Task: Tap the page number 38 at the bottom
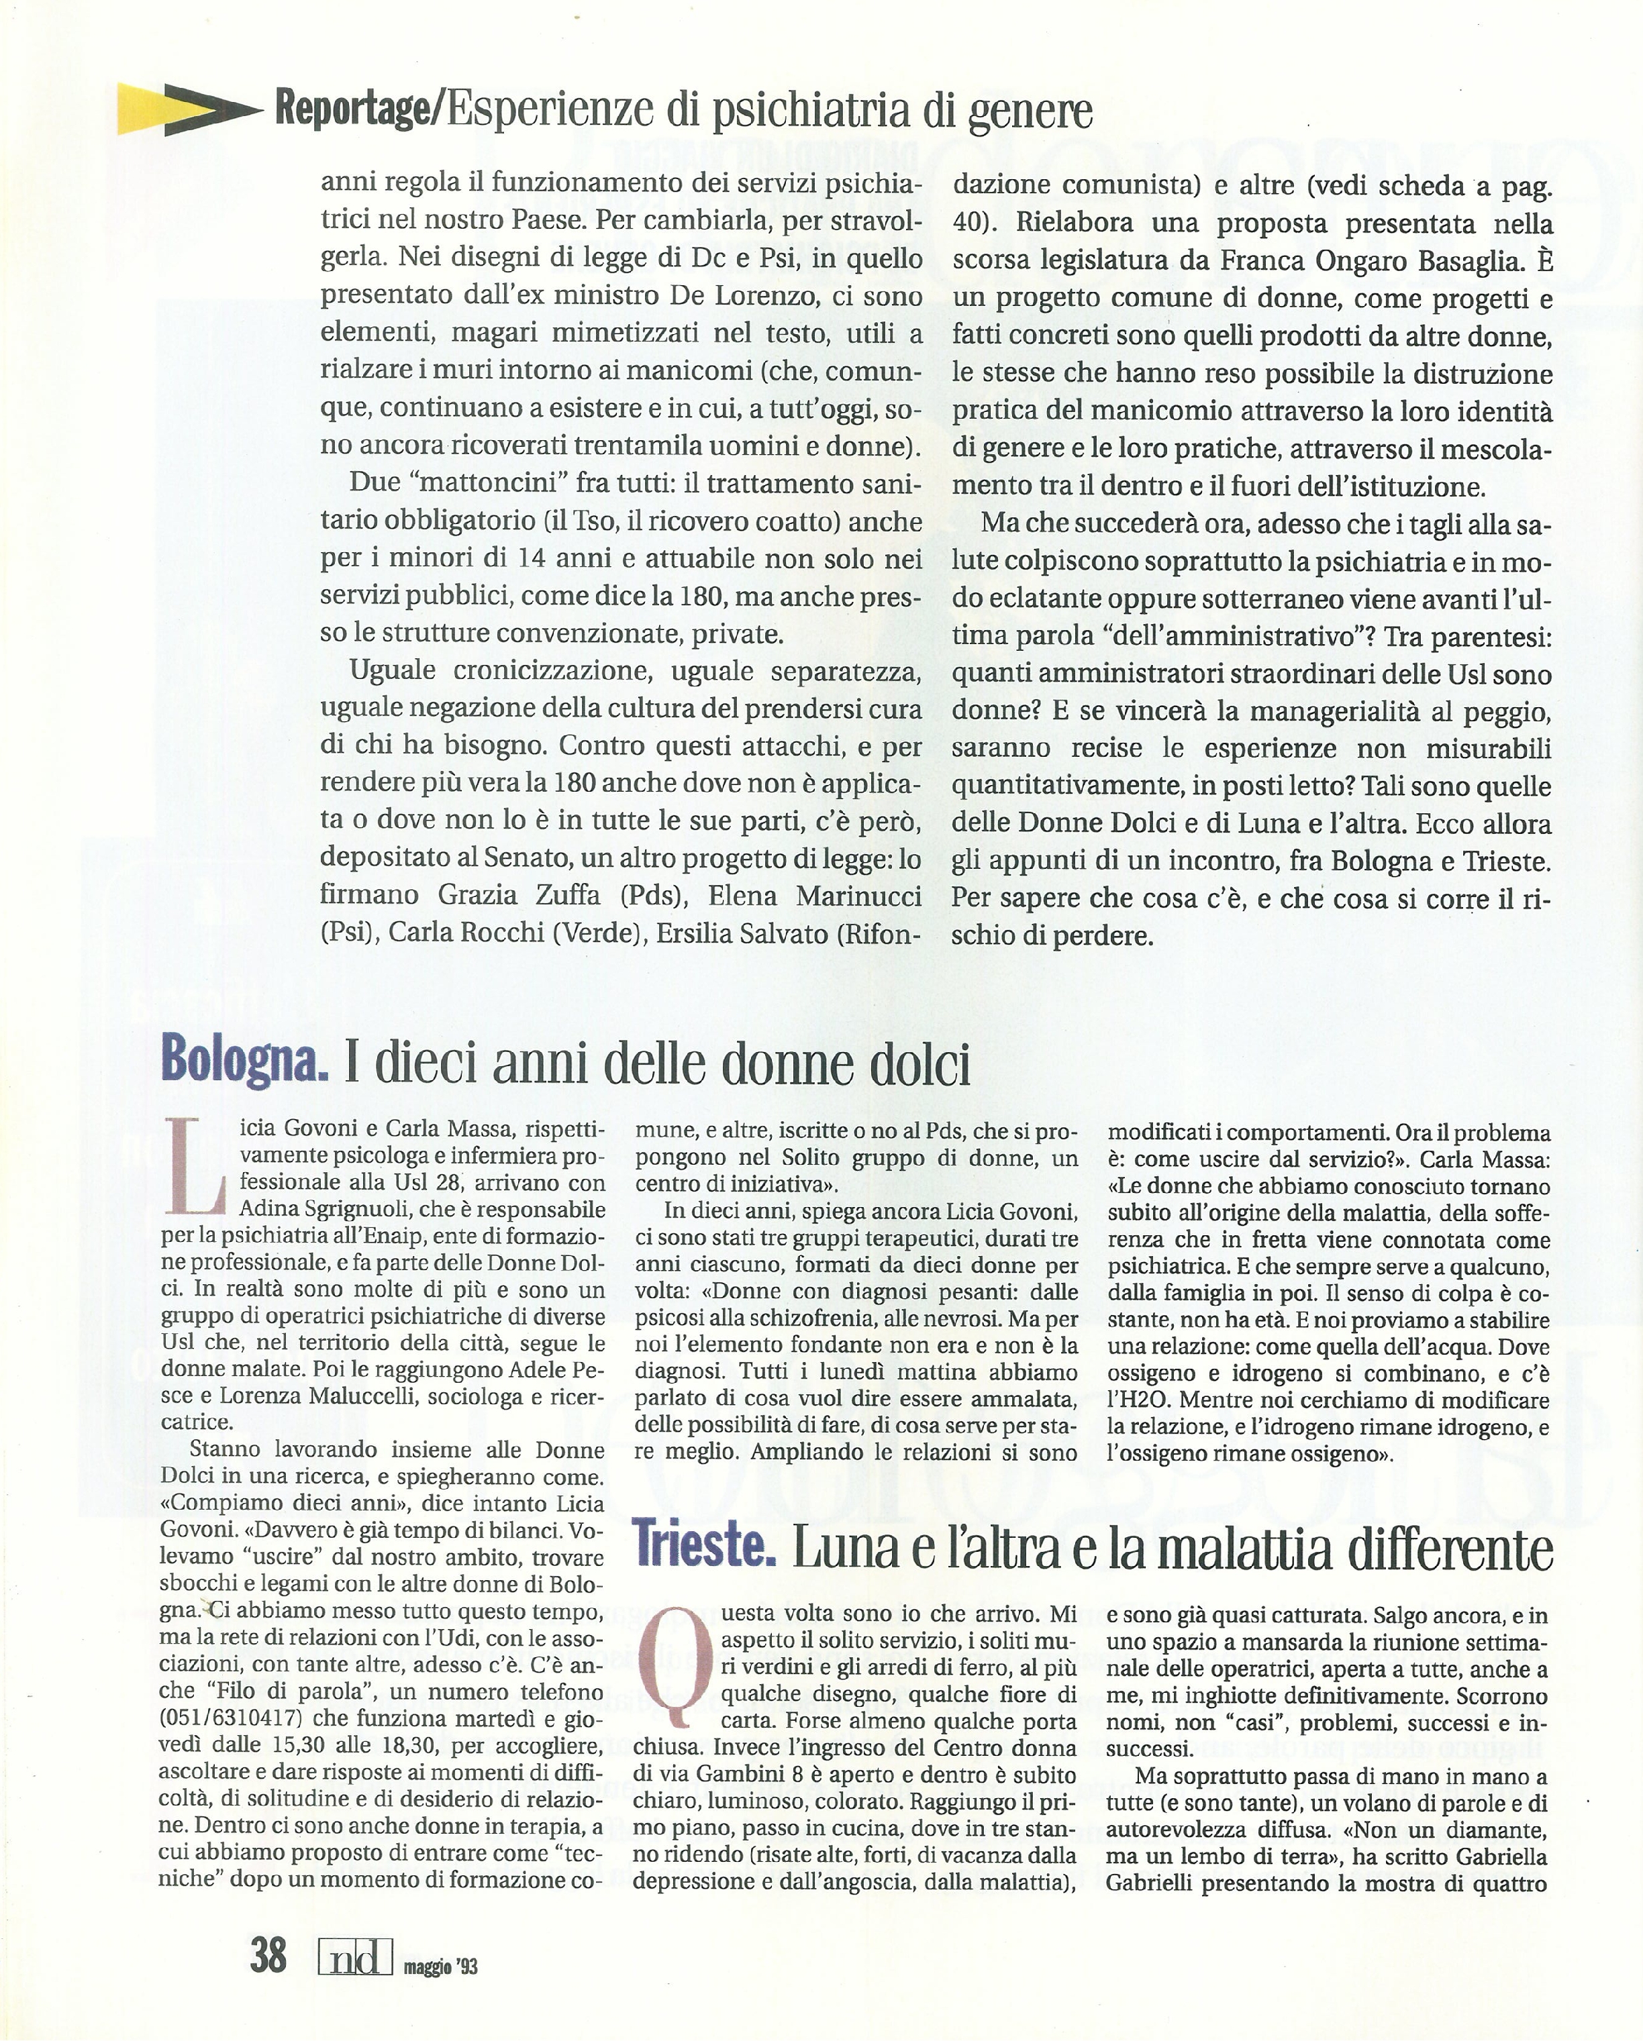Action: [x=268, y=1954]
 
